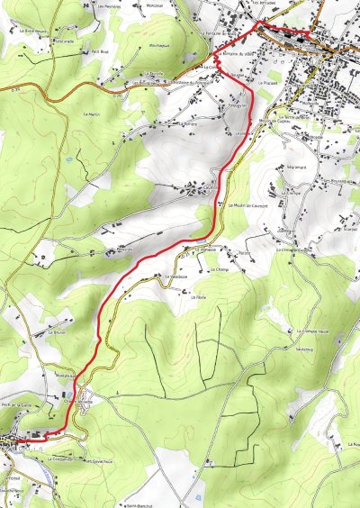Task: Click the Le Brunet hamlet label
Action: (58, 331)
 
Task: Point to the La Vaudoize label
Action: (176, 277)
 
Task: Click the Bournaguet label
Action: (158, 44)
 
